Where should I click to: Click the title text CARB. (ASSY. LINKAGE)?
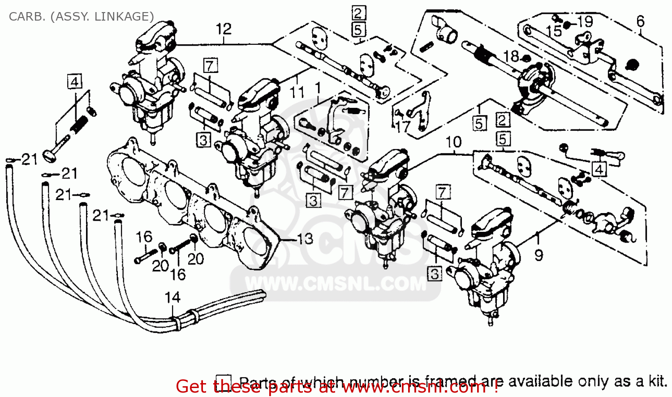[81, 17]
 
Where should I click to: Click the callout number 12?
[224, 29]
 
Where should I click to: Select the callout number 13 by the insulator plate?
[305, 239]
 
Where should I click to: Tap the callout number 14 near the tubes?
[172, 298]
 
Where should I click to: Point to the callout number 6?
[641, 21]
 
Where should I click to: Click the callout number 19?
[585, 21]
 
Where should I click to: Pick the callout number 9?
[539, 256]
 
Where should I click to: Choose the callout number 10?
[453, 142]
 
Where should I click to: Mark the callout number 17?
[403, 127]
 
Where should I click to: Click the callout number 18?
[511, 56]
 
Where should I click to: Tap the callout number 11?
[297, 93]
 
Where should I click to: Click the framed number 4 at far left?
[75, 82]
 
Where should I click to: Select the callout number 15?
[554, 31]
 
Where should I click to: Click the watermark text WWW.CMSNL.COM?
[336, 284]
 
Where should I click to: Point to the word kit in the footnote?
[657, 381]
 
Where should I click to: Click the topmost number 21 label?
[30, 159]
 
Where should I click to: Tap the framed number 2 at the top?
[358, 13]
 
